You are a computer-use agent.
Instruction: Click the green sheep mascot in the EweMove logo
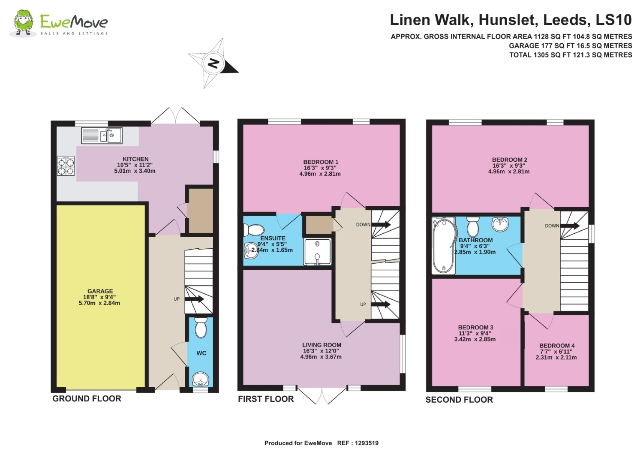point(24,23)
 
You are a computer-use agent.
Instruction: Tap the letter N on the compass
point(213,63)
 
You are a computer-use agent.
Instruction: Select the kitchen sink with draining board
point(102,136)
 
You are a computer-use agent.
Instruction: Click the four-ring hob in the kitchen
point(66,166)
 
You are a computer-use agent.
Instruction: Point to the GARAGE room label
point(100,291)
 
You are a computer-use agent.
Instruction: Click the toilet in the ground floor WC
point(201,328)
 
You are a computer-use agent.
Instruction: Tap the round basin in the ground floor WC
point(201,380)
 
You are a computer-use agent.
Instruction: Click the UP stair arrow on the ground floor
point(194,299)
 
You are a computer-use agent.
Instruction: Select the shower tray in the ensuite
point(318,252)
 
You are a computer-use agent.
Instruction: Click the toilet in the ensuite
point(253,230)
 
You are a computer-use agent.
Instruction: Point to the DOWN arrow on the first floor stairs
point(381,224)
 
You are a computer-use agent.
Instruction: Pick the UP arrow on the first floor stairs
point(381,304)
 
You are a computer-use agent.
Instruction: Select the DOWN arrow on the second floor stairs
point(570,226)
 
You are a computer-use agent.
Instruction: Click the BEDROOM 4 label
point(557,346)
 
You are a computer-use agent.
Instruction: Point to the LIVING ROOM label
point(321,345)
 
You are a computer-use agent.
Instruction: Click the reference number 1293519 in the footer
point(367,443)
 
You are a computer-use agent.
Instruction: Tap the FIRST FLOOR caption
point(266,399)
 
